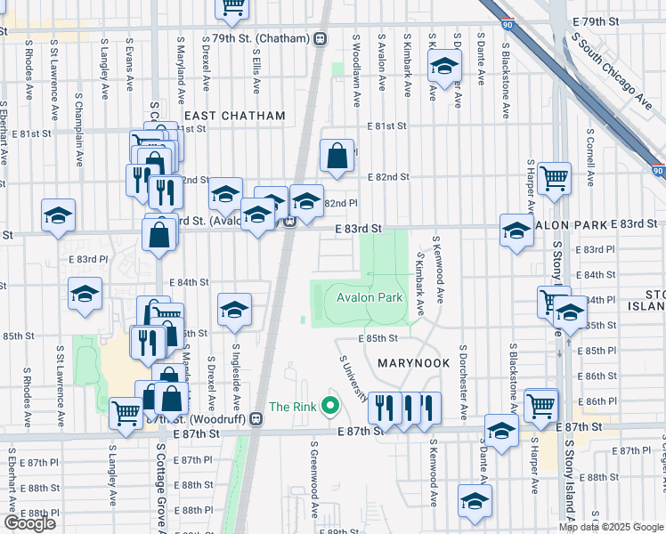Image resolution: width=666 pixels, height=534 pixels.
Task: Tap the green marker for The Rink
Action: (x=331, y=408)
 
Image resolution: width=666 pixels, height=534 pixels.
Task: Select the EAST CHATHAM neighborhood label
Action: (x=235, y=116)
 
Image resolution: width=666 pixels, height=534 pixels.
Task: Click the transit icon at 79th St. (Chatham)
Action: (x=319, y=39)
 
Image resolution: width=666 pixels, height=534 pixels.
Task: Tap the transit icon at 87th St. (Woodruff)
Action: (x=256, y=418)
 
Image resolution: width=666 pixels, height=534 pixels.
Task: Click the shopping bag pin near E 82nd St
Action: (x=337, y=156)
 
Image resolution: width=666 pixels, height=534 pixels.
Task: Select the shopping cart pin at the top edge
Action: (x=233, y=7)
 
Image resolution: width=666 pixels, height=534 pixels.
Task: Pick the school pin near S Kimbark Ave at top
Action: (x=443, y=67)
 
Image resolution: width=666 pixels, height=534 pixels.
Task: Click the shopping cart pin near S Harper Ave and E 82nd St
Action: (x=554, y=178)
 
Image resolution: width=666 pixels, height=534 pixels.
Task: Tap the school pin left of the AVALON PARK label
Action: (x=516, y=231)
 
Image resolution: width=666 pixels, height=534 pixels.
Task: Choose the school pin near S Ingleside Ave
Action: (x=234, y=310)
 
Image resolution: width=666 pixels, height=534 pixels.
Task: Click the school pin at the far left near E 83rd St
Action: (x=59, y=215)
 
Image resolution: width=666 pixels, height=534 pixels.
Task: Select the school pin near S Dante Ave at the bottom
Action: (x=502, y=431)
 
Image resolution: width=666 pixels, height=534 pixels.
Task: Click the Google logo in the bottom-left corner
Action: (x=29, y=523)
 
